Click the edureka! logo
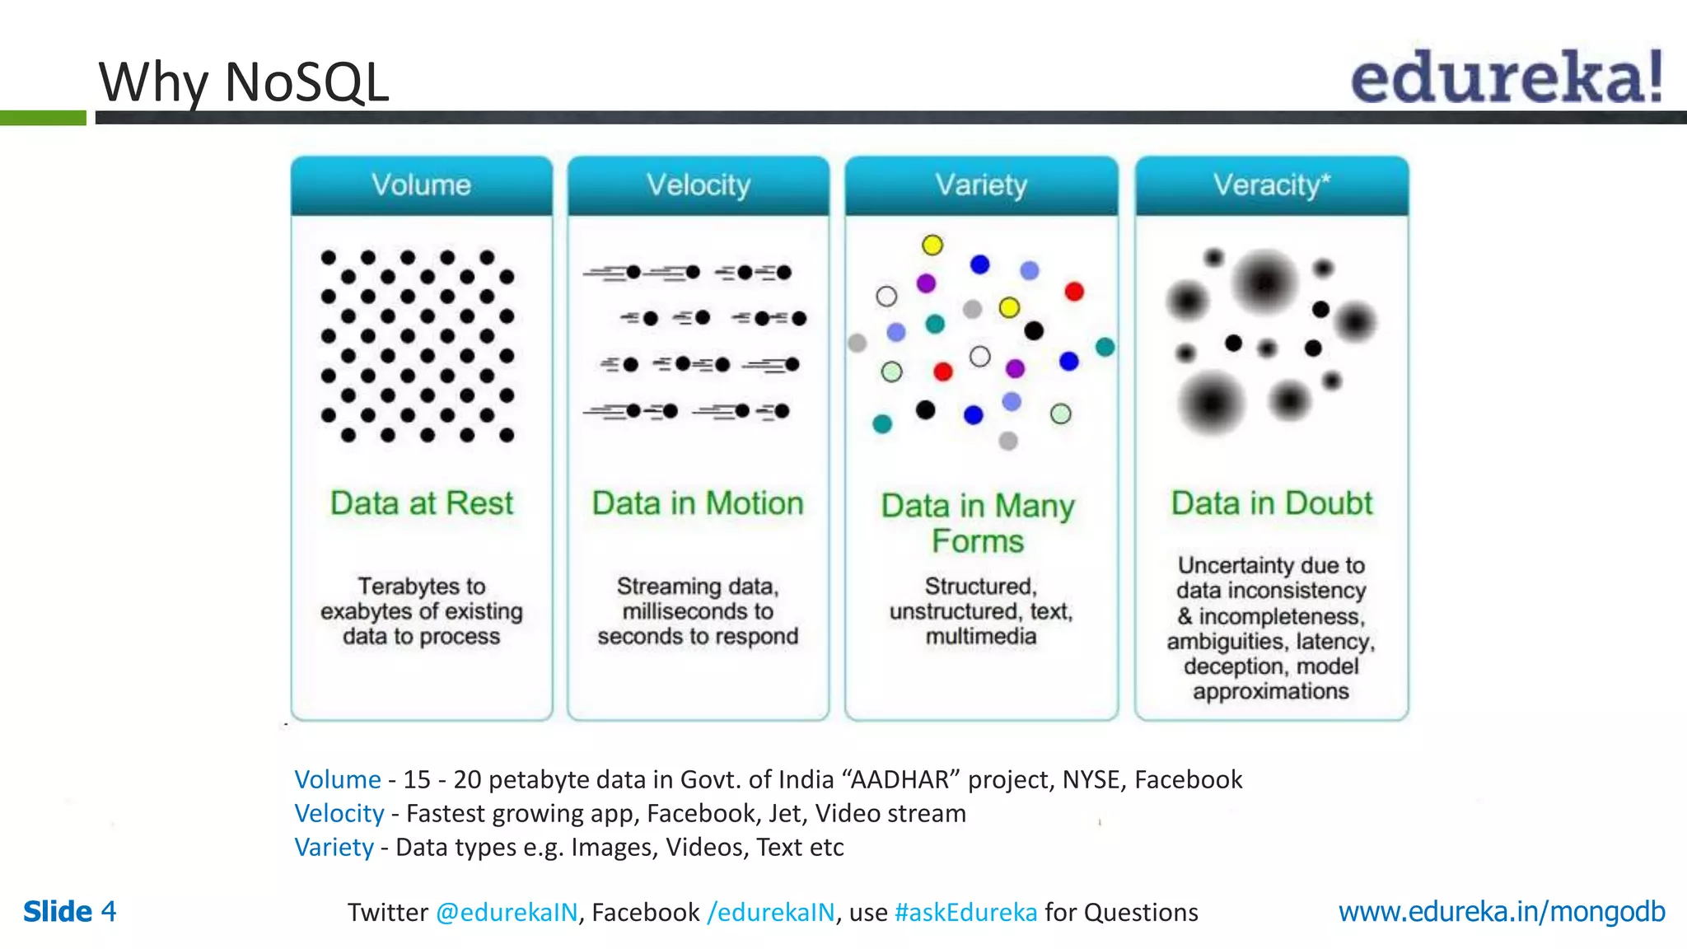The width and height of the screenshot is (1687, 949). click(x=1507, y=77)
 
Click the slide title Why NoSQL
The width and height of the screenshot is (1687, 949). click(x=244, y=82)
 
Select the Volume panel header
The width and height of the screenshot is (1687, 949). click(x=421, y=185)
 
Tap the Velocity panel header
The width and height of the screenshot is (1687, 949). click(x=698, y=185)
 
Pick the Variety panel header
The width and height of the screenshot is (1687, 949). click(x=981, y=185)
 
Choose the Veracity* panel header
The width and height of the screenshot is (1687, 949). click(x=1271, y=185)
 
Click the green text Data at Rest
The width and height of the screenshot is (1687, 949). click(x=421, y=503)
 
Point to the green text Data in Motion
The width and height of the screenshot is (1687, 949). click(x=698, y=503)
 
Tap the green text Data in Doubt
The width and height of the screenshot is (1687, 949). click(x=1271, y=503)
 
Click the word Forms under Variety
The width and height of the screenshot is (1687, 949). click(x=978, y=541)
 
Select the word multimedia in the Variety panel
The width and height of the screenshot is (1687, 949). click(x=980, y=636)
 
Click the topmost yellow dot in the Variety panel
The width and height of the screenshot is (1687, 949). click(x=932, y=245)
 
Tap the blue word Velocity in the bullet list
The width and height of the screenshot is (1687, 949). click(x=339, y=813)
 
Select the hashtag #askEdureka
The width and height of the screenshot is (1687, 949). click(x=965, y=912)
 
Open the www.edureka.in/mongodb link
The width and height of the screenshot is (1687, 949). click(x=1501, y=912)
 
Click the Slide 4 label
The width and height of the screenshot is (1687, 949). click(x=70, y=912)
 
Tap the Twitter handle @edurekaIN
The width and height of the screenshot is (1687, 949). click(x=507, y=912)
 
